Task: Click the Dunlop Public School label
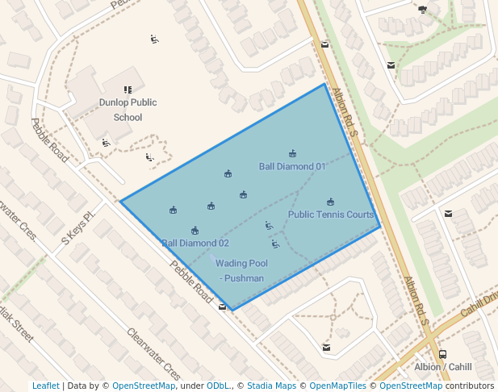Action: point(128,110)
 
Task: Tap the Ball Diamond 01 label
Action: point(292,167)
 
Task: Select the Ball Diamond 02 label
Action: point(195,243)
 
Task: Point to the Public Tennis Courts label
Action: point(331,215)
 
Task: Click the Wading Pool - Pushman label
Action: point(241,270)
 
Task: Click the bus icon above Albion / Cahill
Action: point(442,353)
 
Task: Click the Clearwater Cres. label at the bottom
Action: point(153,354)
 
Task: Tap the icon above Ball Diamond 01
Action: point(292,153)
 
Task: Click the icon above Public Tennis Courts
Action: point(330,202)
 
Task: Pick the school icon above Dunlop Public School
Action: point(128,90)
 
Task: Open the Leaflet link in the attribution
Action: point(45,386)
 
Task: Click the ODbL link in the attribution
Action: point(218,386)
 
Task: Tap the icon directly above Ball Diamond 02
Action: point(195,231)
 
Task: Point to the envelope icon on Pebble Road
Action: point(223,307)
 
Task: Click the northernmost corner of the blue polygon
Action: point(324,84)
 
